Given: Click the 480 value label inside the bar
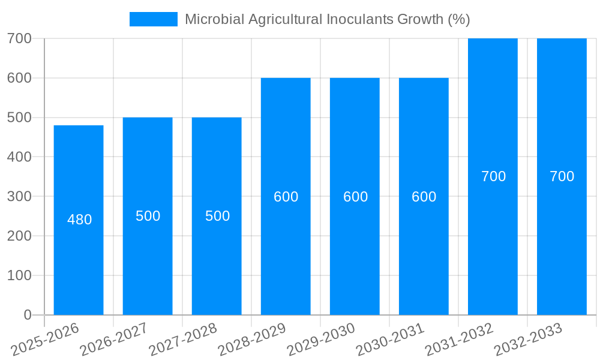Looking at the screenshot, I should [79, 220].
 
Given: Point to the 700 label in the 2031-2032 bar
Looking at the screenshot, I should [493, 176].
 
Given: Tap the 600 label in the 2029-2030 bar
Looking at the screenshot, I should [355, 197].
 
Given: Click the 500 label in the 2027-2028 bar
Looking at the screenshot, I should [217, 216].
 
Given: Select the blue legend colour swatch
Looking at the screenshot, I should [154, 19].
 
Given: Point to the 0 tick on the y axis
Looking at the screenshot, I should [27, 315].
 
